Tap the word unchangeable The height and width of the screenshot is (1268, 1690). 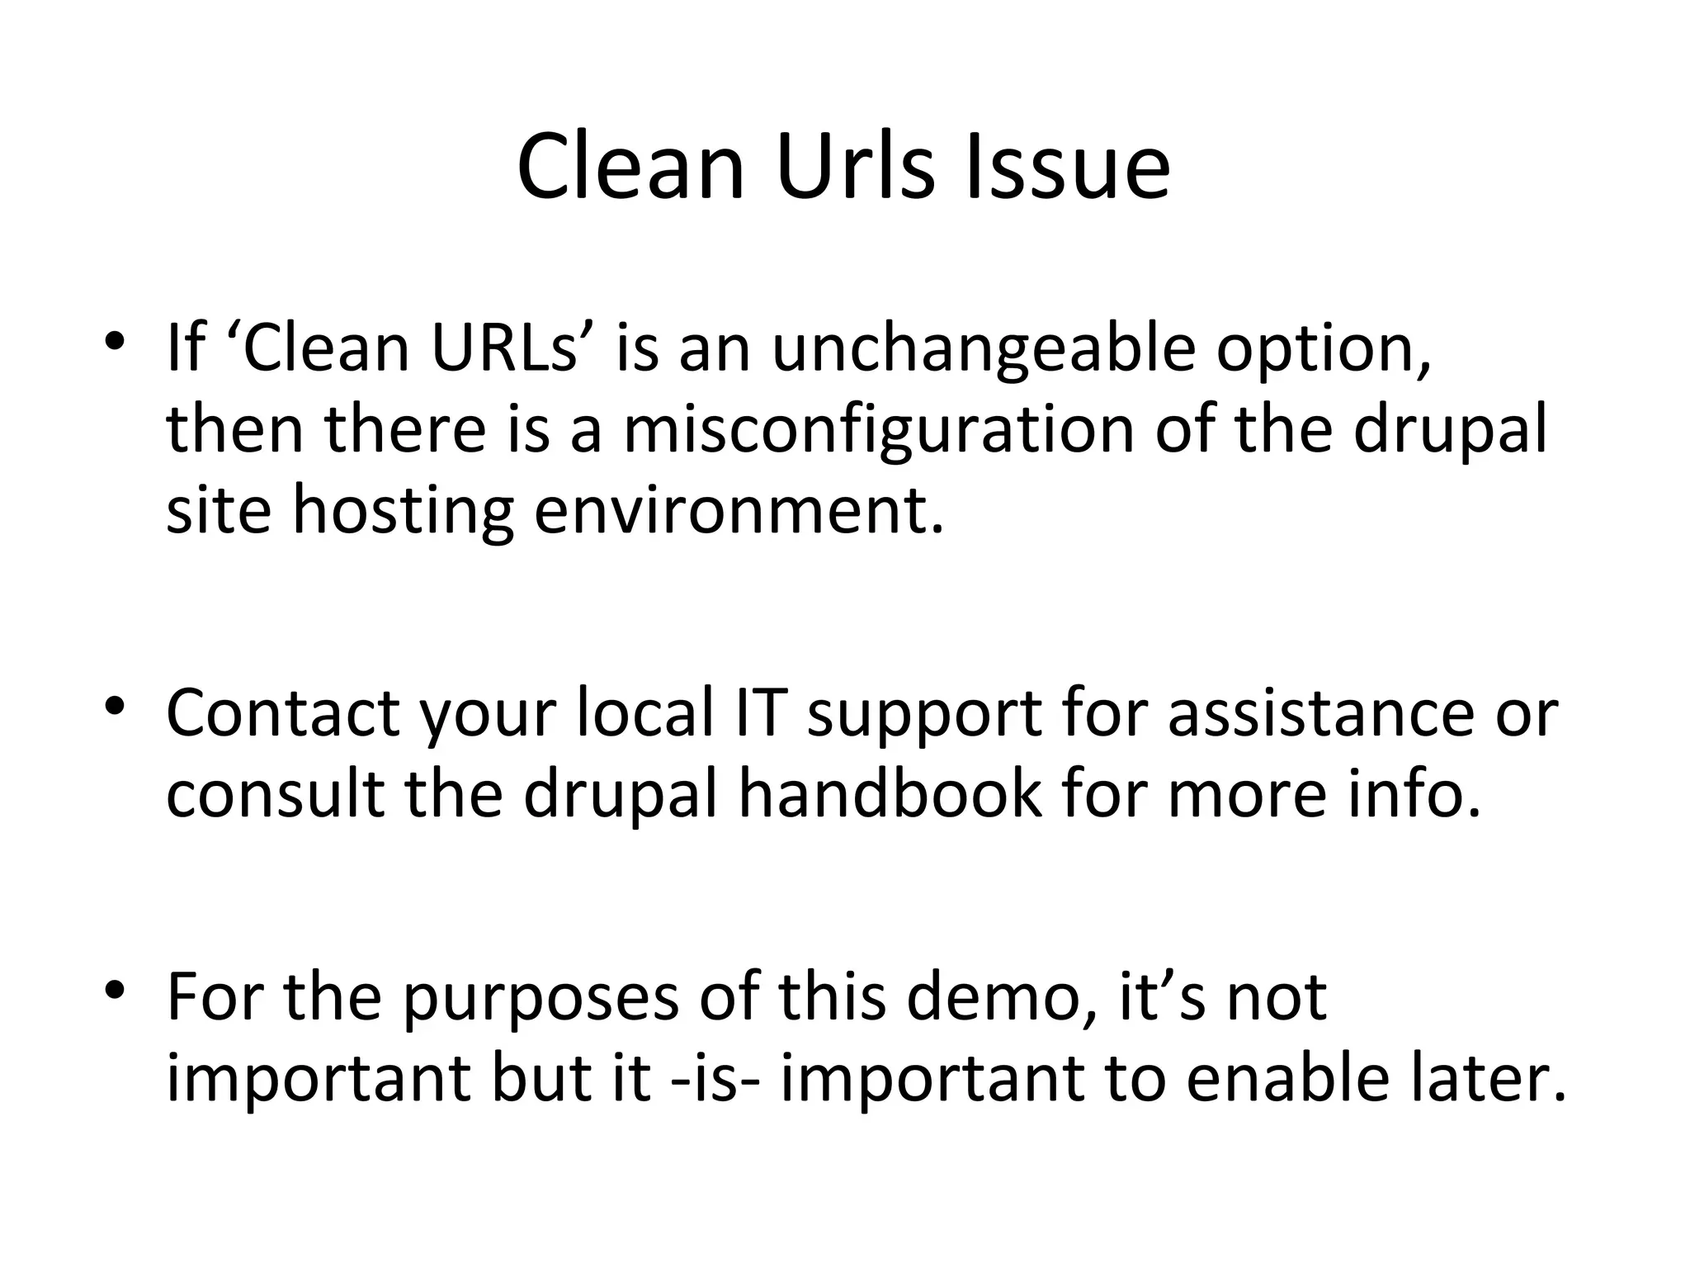[x=983, y=348]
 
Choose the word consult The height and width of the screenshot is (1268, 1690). [x=276, y=793]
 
